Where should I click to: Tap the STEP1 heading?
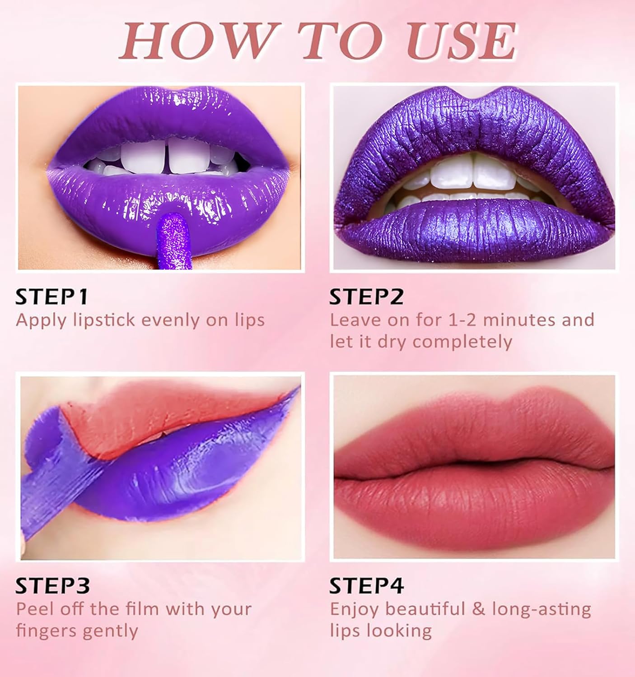tap(51, 297)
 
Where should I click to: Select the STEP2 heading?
tap(366, 297)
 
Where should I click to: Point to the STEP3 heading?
tap(52, 586)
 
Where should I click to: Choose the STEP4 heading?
tap(366, 586)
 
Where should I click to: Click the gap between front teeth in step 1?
tap(168, 162)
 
